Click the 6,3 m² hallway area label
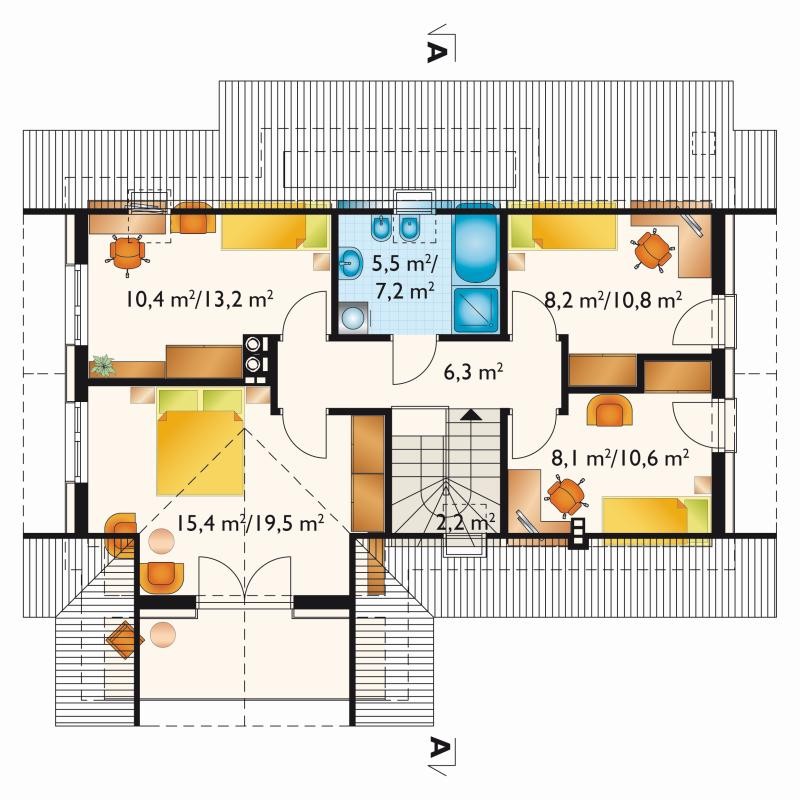(473, 372)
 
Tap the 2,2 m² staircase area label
(466, 521)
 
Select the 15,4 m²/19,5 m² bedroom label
(249, 523)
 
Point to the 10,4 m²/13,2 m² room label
(199, 299)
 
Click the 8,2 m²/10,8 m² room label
(613, 299)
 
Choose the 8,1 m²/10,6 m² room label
(620, 458)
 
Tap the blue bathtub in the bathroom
(476, 243)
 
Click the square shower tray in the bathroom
(476, 310)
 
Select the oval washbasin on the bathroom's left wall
(349, 264)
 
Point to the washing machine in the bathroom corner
(353, 317)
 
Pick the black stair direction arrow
(470, 414)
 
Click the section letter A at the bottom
(434, 748)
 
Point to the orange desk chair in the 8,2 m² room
(653, 249)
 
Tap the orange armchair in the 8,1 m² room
(610, 411)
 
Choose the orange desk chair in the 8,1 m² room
(566, 496)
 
